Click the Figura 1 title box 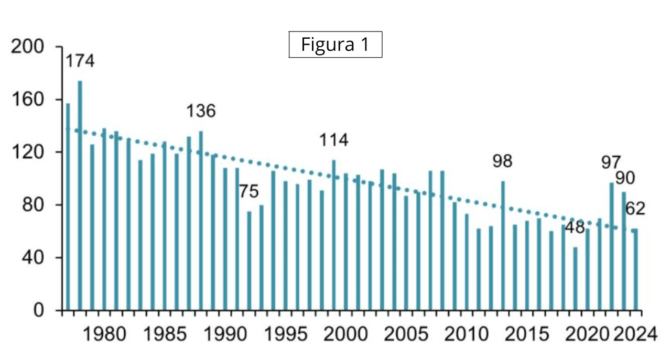pos(335,45)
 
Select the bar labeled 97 pos(611,246)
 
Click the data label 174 pos(80,61)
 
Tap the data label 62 pos(635,210)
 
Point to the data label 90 pos(624,178)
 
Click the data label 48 pos(575,228)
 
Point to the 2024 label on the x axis pos(636,334)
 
